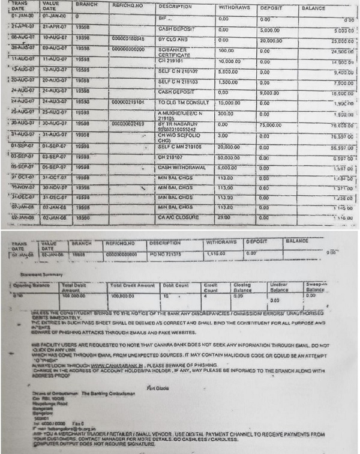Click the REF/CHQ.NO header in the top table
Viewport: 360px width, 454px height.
(x=129, y=6)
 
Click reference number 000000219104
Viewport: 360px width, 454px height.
(x=128, y=103)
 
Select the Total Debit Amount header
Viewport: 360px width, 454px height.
(x=76, y=287)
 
